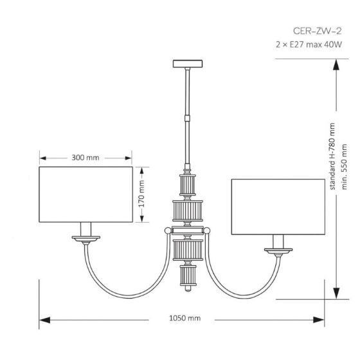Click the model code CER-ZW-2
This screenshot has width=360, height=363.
pos(317,31)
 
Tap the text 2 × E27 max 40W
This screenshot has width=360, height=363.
pos(309,44)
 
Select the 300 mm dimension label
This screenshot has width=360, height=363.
pos(85,158)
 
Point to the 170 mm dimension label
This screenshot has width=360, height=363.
pos(141,194)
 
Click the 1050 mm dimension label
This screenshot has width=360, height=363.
pos(185,318)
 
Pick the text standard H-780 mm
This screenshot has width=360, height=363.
pos(332,156)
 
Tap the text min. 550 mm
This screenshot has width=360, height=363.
pos(344,167)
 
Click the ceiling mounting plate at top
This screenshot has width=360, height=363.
pos(188,64)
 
